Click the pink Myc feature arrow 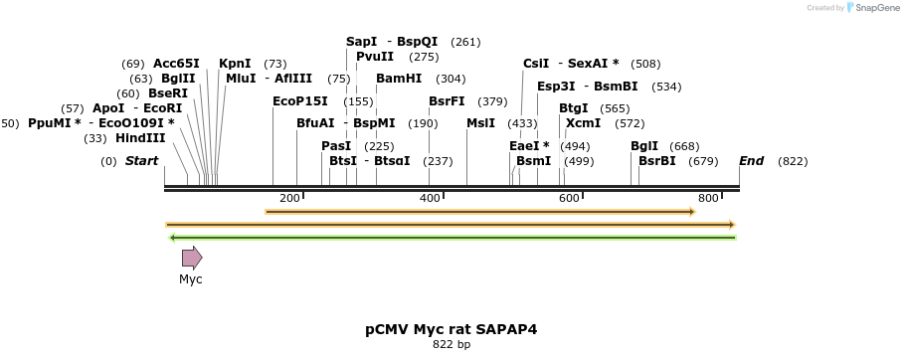191,259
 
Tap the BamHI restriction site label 398,79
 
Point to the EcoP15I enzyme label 299,100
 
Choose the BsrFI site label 447,100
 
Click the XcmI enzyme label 583,123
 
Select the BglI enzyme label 644,146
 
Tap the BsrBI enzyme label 656,161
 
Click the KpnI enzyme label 235,64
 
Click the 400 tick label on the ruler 430,198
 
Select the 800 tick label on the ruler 708,198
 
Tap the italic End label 751,161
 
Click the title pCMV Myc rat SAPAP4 452,328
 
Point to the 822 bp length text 452,345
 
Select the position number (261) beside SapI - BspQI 465,42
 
